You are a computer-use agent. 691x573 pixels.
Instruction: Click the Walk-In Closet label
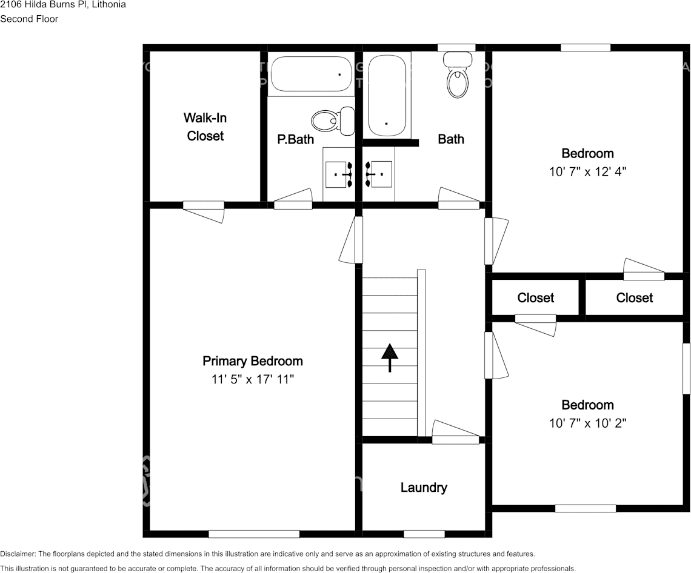click(x=205, y=127)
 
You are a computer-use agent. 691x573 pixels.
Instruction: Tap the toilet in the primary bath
click(x=334, y=119)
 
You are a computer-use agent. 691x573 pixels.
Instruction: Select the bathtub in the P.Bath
click(x=310, y=74)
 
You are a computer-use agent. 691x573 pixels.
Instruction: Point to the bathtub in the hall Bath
click(x=387, y=95)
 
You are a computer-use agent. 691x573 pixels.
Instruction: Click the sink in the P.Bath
click(x=339, y=174)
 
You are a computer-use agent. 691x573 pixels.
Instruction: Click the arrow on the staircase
click(x=389, y=357)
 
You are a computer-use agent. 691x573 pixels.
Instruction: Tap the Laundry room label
click(x=424, y=487)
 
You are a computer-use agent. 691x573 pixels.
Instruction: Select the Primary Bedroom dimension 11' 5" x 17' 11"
click(x=252, y=380)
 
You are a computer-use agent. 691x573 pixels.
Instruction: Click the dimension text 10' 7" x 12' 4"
click(x=587, y=171)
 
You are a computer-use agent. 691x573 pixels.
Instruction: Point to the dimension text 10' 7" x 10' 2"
click(x=587, y=423)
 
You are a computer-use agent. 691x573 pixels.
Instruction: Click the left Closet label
click(x=535, y=297)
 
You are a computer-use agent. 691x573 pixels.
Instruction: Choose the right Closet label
click(x=634, y=297)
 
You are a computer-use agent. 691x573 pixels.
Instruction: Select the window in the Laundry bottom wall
click(x=424, y=534)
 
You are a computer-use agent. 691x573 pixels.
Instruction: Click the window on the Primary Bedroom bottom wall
click(x=254, y=534)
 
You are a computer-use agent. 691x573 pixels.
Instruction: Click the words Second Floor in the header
click(x=29, y=19)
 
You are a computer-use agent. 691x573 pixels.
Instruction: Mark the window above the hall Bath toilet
click(x=456, y=48)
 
